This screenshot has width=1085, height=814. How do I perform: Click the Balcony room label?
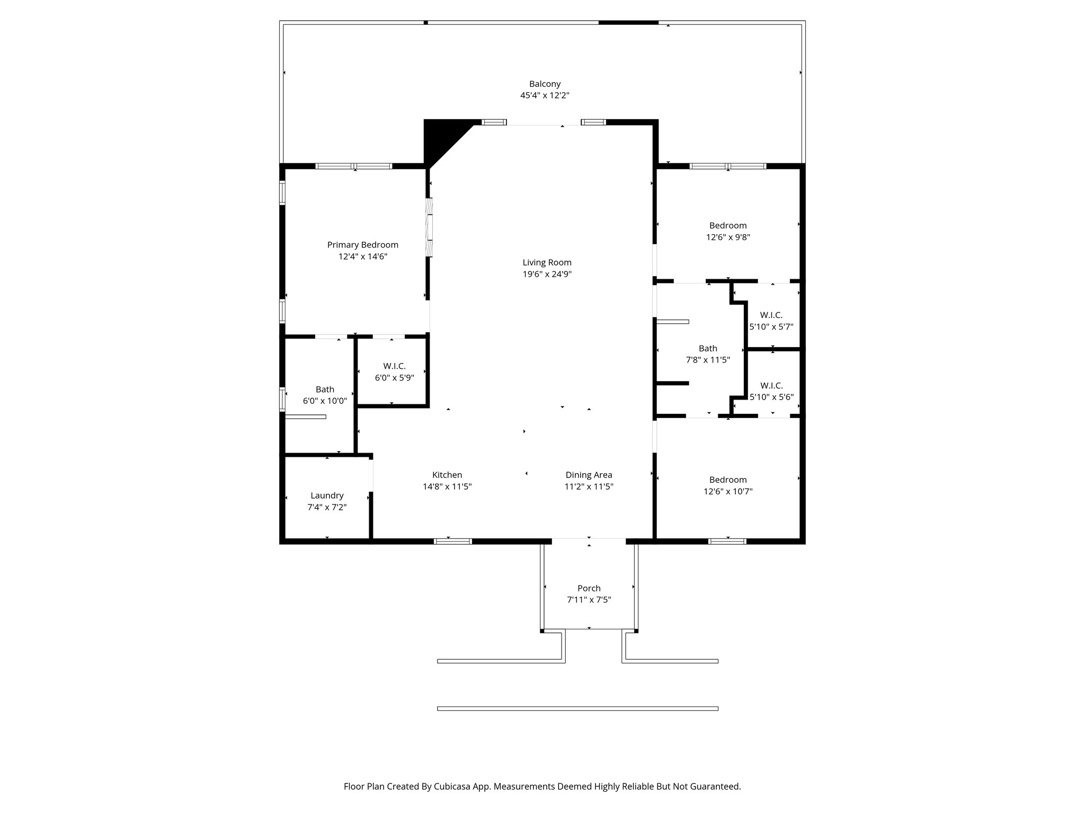coord(545,84)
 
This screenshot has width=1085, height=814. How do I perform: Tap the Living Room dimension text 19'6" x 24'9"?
coord(547,274)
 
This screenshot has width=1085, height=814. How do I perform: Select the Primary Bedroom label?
coord(362,245)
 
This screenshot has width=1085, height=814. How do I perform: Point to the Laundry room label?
coord(327,496)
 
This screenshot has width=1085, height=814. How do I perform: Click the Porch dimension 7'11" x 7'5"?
coord(589,600)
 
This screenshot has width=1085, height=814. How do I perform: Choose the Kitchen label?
coord(447,475)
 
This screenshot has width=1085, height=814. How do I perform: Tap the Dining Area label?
coord(589,475)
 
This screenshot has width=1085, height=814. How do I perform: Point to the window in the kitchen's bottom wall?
coord(452,541)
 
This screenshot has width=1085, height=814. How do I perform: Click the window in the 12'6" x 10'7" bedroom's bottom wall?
coord(727,541)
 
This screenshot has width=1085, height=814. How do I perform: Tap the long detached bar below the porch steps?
coord(577,709)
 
